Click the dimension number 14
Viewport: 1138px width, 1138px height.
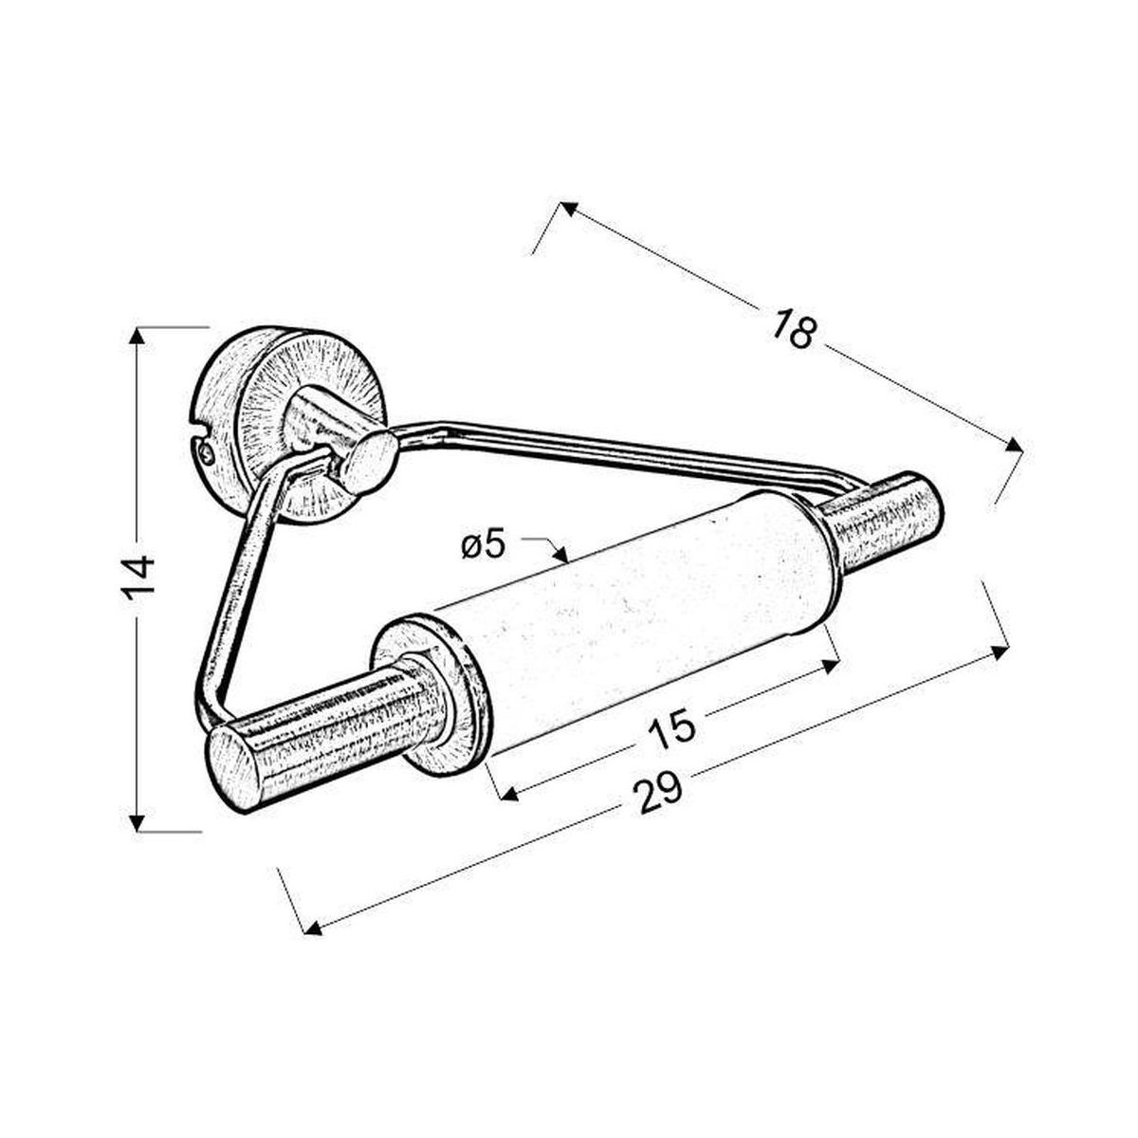[139, 579]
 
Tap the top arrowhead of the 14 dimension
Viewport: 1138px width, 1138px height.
[137, 336]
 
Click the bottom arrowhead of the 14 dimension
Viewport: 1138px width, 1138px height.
[137, 822]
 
